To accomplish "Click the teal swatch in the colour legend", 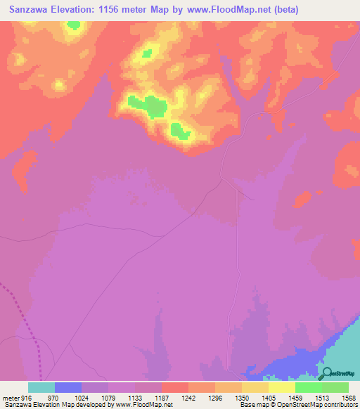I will tap(41, 387).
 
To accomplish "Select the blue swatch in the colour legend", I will tap(68, 387).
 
